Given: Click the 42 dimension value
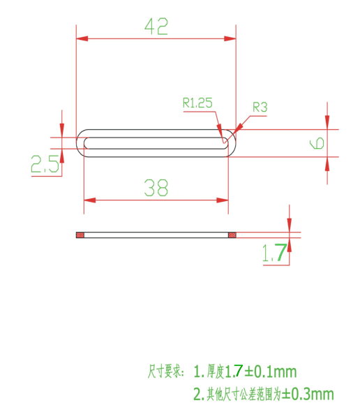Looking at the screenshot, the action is tap(156, 27).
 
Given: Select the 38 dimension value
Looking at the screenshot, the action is tap(156, 188).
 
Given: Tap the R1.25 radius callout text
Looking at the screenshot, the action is tap(197, 103).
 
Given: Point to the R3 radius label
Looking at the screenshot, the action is tap(260, 108).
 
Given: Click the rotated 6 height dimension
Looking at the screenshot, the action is tap(317, 143).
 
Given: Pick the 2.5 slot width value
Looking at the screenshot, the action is tap(45, 163).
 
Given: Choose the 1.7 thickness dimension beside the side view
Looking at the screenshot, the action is tap(275, 253).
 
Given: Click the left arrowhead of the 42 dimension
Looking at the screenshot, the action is tap(82, 38).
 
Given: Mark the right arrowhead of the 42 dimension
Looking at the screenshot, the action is tap(230, 38).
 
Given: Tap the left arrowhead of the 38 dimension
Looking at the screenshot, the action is tap(89, 200).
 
